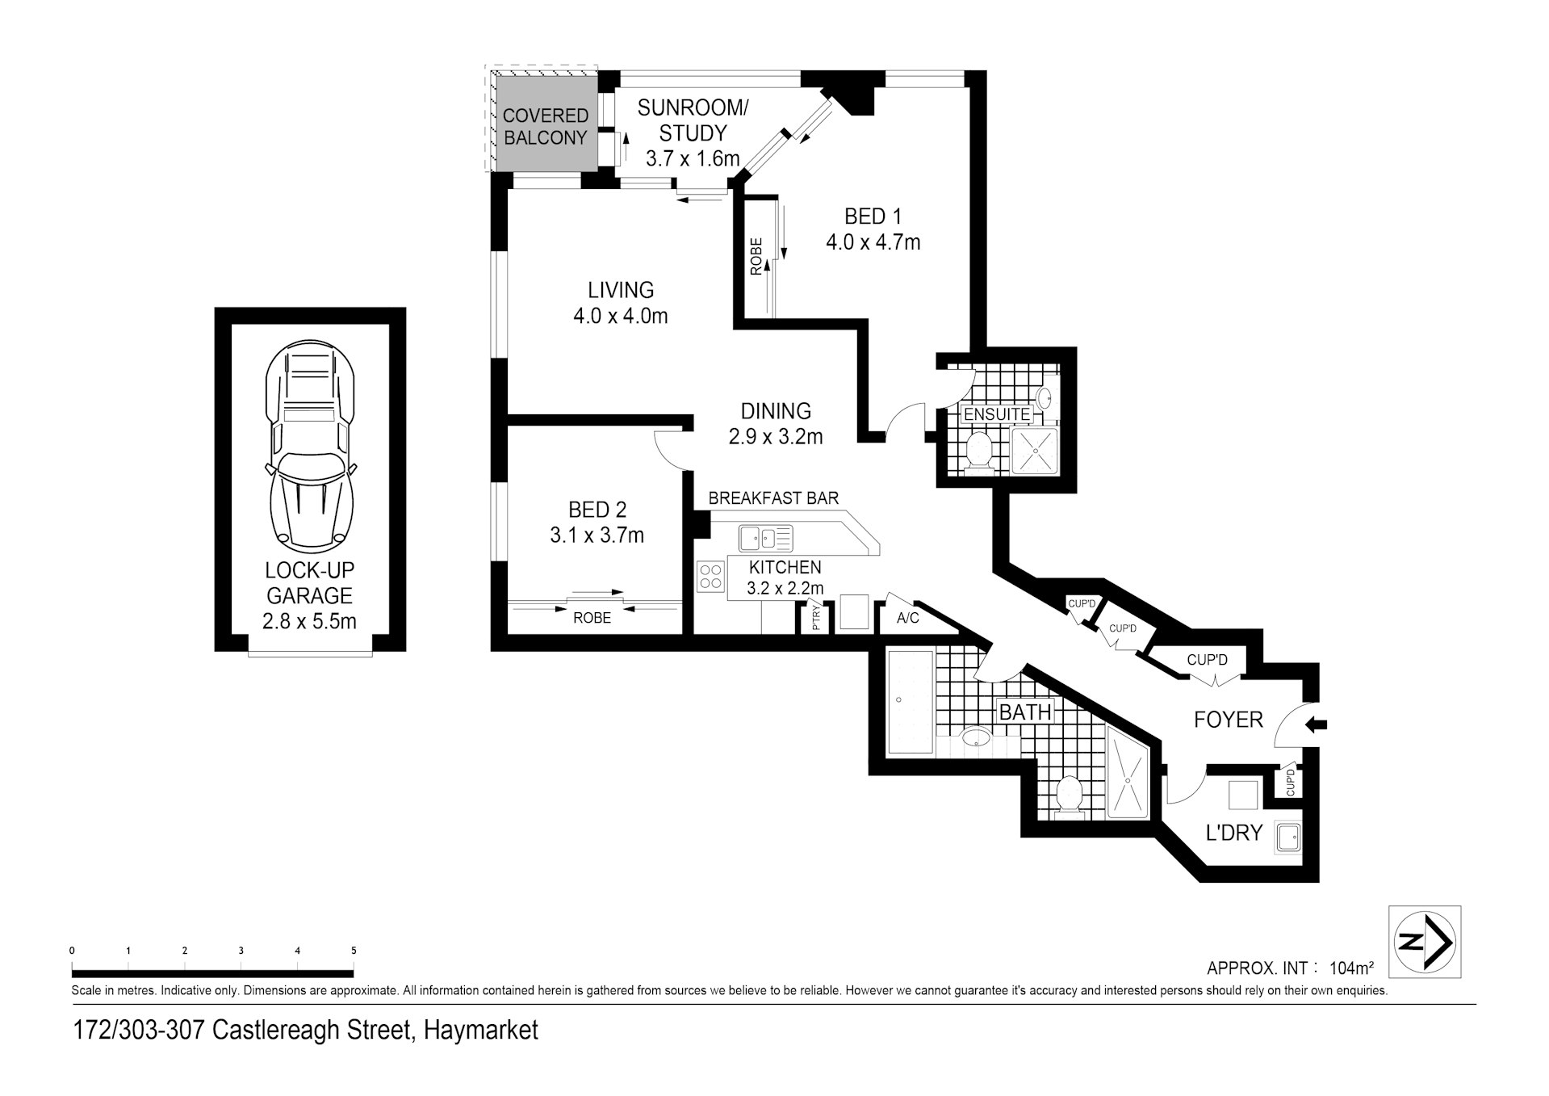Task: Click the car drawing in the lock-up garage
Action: click(x=310, y=445)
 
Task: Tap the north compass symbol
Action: click(x=1424, y=942)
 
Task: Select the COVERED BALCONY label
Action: click(x=545, y=127)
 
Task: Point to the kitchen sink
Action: click(x=765, y=537)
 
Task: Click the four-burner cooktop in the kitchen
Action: click(x=710, y=577)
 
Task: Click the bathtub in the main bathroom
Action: click(x=911, y=701)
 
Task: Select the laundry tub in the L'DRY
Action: click(x=1287, y=838)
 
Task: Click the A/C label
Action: click(x=908, y=619)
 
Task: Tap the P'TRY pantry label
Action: click(x=815, y=618)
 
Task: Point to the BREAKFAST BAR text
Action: click(x=774, y=498)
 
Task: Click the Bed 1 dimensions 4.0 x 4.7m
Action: click(x=873, y=242)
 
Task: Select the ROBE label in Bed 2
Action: click(x=592, y=618)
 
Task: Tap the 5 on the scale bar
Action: click(x=354, y=951)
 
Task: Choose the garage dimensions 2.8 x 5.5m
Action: click(x=309, y=621)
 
